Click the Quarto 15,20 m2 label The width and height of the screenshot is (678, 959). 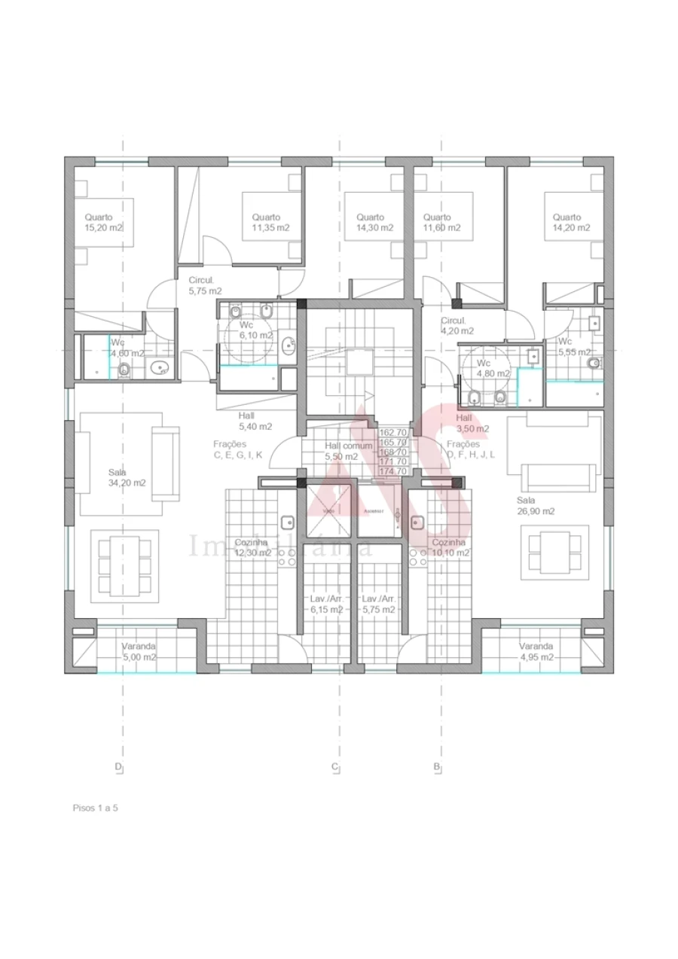[103, 222]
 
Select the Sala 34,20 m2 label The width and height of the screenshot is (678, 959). [127, 478]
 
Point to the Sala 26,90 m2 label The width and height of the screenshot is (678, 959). [535, 505]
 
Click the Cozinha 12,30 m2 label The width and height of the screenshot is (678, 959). [252, 547]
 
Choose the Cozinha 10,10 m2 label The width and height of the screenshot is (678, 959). [450, 547]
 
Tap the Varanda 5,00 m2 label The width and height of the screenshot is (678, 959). [139, 651]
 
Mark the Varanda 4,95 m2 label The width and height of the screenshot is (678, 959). [536, 651]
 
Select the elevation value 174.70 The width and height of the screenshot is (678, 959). [393, 471]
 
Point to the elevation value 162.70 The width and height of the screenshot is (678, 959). [393, 433]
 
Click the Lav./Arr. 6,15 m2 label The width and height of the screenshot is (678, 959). [326, 604]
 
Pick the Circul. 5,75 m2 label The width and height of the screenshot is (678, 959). [205, 285]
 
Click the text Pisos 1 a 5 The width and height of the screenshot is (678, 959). [96, 808]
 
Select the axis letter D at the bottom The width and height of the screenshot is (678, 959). [118, 767]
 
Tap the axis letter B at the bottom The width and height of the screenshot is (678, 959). [436, 767]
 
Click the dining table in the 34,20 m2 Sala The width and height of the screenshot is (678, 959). [124, 565]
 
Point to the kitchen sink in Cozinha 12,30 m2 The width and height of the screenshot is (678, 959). [287, 522]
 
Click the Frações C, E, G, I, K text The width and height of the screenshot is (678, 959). [237, 449]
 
